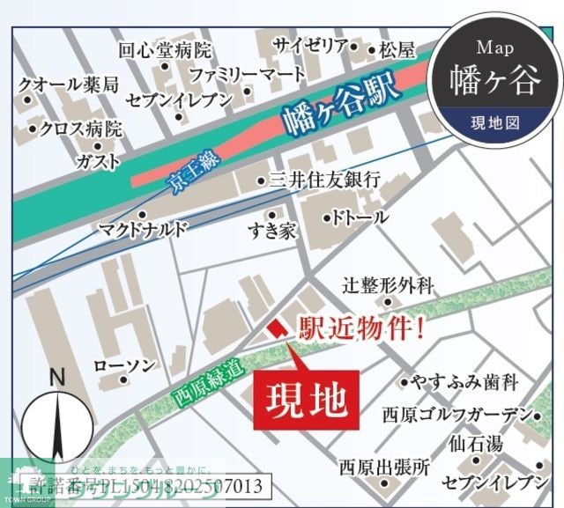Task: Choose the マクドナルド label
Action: [x=144, y=230]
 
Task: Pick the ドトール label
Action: [x=360, y=217]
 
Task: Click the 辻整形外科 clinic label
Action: [x=389, y=285]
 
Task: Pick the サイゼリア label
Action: [x=310, y=46]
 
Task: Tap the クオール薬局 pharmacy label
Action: [x=69, y=85]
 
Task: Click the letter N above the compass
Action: [x=58, y=377]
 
